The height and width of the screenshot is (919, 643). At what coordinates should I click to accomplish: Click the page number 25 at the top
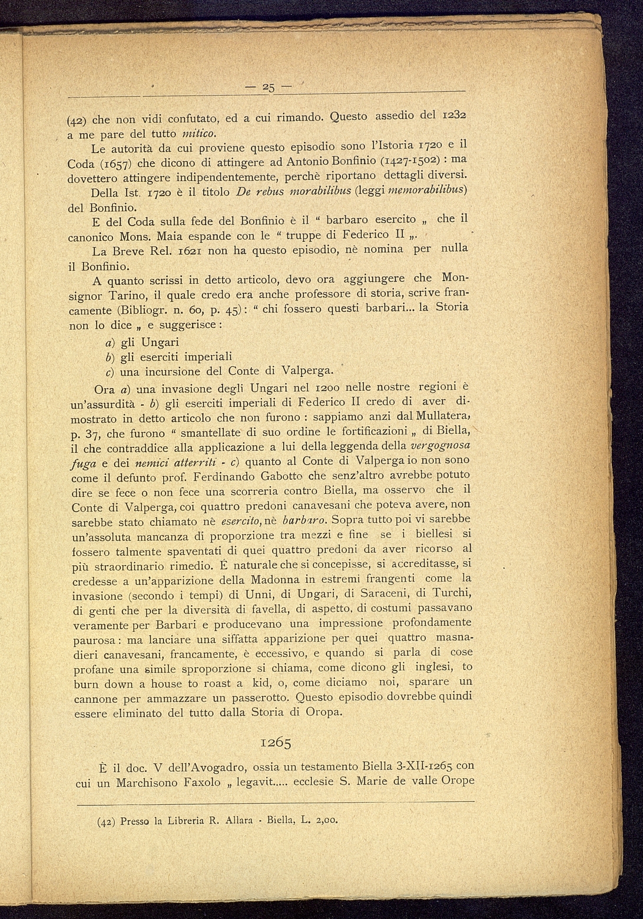(269, 88)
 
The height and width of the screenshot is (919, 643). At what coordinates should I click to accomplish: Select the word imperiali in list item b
(208, 357)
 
